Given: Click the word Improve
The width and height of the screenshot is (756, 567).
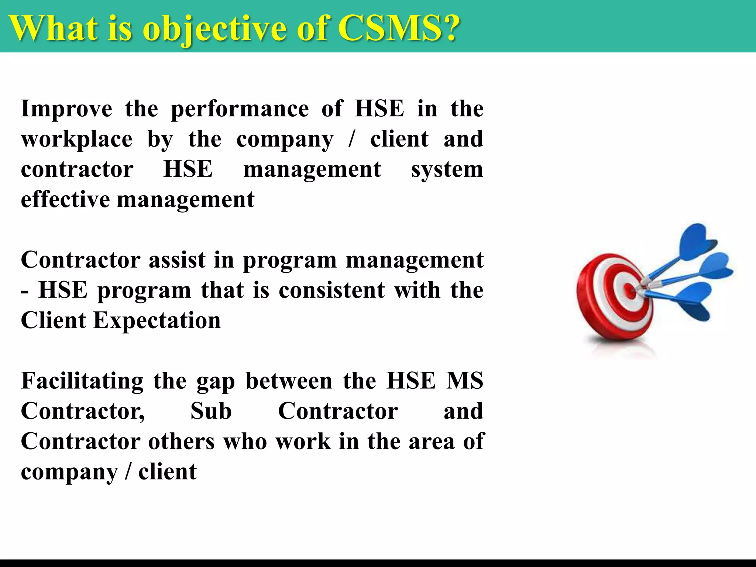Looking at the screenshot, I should (67, 109).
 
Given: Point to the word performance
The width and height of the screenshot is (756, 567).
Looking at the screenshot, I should (240, 110).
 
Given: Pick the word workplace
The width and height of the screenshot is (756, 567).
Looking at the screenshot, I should (77, 140).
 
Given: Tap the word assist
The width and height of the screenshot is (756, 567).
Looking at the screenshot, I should (177, 260).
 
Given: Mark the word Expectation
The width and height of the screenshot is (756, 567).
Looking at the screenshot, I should (157, 320).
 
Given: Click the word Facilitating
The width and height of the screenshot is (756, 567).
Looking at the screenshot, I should (82, 381).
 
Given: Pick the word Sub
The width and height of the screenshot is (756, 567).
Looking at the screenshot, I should (211, 411).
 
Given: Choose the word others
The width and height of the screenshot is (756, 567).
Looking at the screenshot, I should (181, 441).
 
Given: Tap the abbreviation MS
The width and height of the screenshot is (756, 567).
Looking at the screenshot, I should (465, 381).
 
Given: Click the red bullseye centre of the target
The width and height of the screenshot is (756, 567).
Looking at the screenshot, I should (630, 292).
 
